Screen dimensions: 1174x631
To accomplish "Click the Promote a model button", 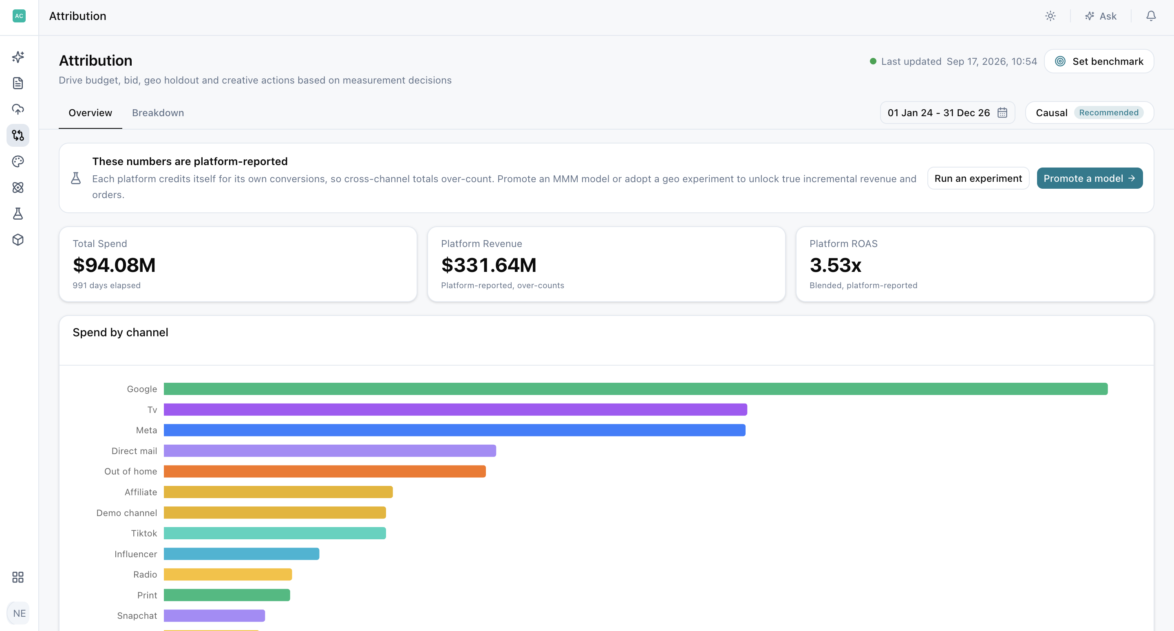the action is coord(1089,178).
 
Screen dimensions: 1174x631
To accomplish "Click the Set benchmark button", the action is coord(1099,61).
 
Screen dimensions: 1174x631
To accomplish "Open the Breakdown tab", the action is coord(158,113).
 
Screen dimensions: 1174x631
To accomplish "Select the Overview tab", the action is coord(90,113).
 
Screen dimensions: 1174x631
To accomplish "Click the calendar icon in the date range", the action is coord(1002,113).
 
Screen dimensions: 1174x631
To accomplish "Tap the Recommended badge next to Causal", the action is coord(1108,113).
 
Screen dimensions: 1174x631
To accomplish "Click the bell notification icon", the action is coord(1151,16).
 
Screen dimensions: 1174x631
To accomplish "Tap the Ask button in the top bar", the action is coord(1101,16).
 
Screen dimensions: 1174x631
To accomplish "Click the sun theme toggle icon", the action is coord(1050,16).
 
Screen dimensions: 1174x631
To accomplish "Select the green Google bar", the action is coord(636,388).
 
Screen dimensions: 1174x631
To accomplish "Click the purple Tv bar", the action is coord(455,410).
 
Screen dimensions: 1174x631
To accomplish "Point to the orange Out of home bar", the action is coord(324,471).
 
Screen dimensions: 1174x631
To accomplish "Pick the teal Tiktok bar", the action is coord(275,533).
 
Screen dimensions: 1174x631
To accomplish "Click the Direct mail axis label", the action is coord(134,450).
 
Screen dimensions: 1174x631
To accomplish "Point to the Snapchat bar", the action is coord(214,616).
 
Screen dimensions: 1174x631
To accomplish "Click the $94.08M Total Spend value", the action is coord(115,265).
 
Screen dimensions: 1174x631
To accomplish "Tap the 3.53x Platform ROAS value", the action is coord(835,265).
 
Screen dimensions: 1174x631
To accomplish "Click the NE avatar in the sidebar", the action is coord(19,613).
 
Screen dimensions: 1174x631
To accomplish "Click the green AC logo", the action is coord(19,16).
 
